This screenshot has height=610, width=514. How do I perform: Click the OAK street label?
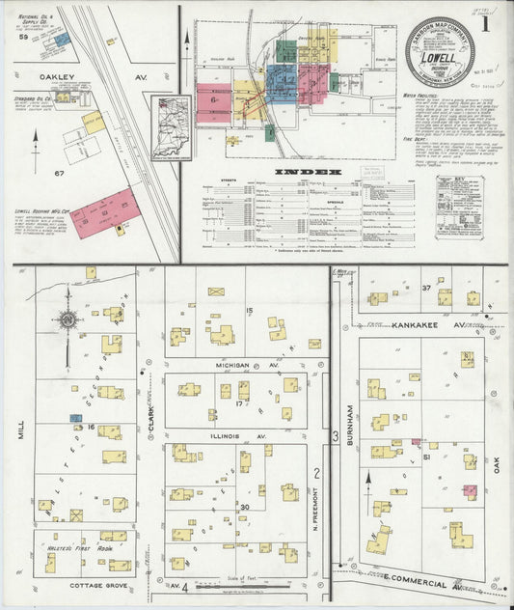498,464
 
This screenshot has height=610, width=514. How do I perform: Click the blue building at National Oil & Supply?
61,41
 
